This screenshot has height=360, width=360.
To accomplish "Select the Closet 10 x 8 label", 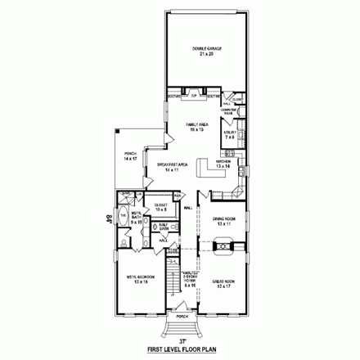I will tap(161, 206).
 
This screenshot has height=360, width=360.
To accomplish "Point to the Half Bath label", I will tap(164, 227).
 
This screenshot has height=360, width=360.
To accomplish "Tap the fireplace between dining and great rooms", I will tap(223, 247).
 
